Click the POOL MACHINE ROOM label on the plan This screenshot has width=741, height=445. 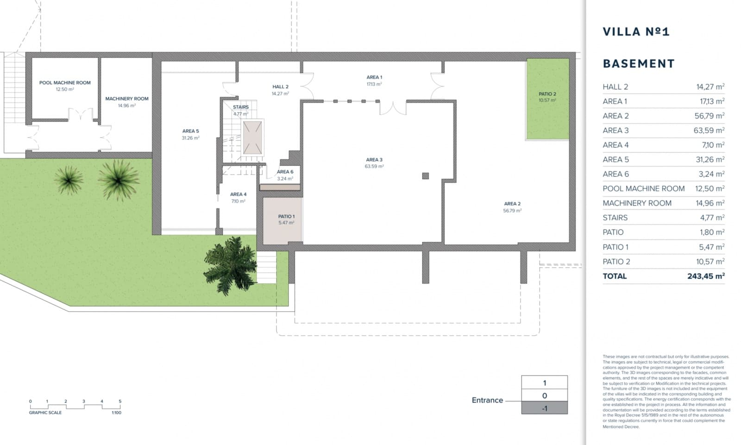65,83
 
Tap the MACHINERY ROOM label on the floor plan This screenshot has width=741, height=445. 126,99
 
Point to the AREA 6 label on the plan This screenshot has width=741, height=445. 285,172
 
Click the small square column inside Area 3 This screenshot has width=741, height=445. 425,176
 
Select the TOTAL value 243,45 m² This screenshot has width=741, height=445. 705,276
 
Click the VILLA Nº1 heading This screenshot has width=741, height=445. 636,32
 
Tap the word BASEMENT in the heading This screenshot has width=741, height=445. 639,63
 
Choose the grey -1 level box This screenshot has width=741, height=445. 544,408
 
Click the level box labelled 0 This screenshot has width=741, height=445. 544,395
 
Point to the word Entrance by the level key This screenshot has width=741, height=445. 487,400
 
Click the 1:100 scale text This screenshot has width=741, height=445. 116,413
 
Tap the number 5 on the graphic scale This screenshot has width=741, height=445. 120,401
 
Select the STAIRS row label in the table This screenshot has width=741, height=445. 615,218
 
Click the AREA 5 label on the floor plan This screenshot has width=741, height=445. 190,131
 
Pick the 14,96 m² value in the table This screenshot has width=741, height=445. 710,203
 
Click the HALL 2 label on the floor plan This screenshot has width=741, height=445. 280,87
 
